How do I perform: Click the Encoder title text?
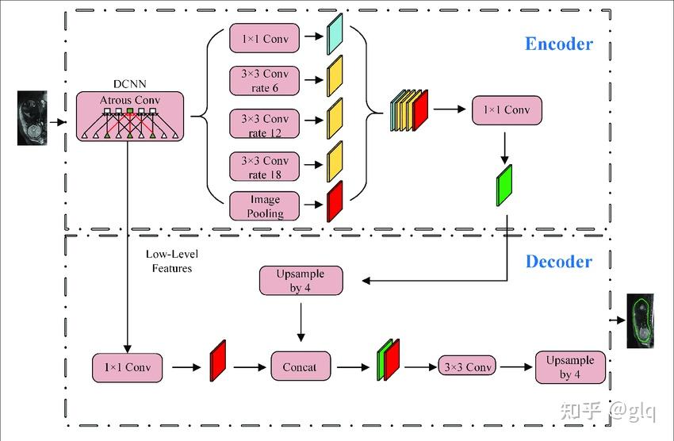[x=558, y=44]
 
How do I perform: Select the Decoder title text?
[x=558, y=261]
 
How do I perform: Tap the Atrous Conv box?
[x=129, y=117]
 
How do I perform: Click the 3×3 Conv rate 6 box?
[x=265, y=80]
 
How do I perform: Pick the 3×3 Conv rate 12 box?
[x=265, y=125]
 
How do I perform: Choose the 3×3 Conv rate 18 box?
[x=265, y=167]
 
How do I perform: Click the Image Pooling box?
[x=265, y=205]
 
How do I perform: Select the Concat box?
[x=299, y=367]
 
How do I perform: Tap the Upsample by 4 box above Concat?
[x=301, y=281]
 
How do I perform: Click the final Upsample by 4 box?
[x=569, y=366]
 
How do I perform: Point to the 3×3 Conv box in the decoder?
[x=467, y=367]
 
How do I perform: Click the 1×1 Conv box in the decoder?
[x=127, y=367]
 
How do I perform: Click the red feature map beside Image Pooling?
[x=334, y=201]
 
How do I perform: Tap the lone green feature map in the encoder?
[x=504, y=185]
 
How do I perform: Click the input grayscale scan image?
[x=33, y=118]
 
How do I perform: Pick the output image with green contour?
[x=641, y=320]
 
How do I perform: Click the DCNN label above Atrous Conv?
[x=129, y=83]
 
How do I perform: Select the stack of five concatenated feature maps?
[x=409, y=109]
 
